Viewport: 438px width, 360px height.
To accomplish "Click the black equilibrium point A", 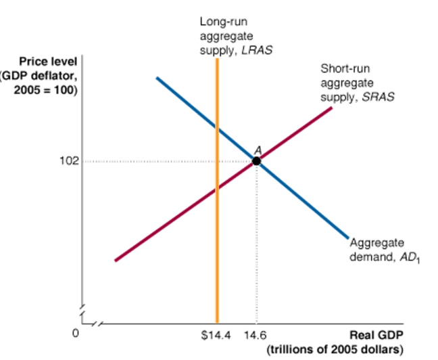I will pos(256,161).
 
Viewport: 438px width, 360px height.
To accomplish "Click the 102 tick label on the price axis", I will pos(70,161).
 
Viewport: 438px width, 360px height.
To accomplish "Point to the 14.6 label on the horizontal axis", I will pos(255,334).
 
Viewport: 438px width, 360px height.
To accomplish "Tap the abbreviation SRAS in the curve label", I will pos(378,97).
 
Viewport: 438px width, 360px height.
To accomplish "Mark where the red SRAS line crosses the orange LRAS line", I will pos(217,190).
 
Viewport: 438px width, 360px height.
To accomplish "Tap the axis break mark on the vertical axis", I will pos(83,315).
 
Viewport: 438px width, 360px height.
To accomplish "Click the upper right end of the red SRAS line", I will pos(332,107).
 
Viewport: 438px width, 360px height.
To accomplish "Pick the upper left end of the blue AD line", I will pos(157,78).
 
